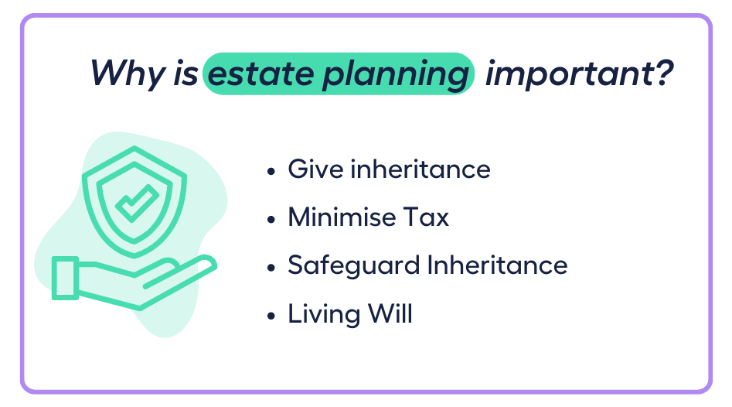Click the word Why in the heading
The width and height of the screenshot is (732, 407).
click(x=128, y=74)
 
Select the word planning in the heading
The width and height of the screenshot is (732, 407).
click(x=396, y=75)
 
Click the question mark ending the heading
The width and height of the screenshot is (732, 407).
click(x=661, y=73)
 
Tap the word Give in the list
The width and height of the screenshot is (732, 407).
click(x=315, y=169)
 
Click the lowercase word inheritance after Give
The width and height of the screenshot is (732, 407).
click(x=420, y=169)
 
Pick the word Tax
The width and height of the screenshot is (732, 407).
click(x=426, y=217)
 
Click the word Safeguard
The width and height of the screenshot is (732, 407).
click(x=354, y=265)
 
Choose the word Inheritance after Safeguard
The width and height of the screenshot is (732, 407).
click(x=497, y=265)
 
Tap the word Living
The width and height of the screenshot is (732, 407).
click(x=324, y=314)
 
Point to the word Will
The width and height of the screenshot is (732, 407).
click(x=390, y=313)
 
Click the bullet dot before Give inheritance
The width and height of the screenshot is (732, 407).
click(x=271, y=171)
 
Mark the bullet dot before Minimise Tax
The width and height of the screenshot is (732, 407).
click(x=271, y=219)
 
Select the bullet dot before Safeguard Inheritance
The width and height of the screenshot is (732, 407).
click(x=271, y=267)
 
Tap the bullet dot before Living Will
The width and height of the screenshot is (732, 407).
click(x=271, y=316)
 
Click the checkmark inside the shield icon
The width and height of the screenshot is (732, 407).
click(x=137, y=203)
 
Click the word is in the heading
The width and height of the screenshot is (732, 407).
click(x=186, y=74)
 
